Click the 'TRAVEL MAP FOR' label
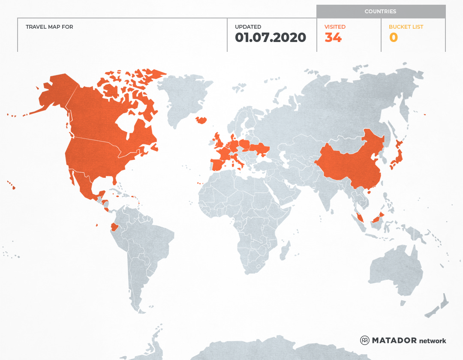point(49,27)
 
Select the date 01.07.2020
point(271,38)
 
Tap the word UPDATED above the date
point(248,27)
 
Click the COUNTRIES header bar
point(381,12)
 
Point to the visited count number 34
point(333,38)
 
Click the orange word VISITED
point(335,27)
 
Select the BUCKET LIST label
point(406,27)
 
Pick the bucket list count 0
point(394,38)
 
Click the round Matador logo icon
point(365,340)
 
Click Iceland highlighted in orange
point(201,120)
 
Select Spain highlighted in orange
point(219,165)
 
